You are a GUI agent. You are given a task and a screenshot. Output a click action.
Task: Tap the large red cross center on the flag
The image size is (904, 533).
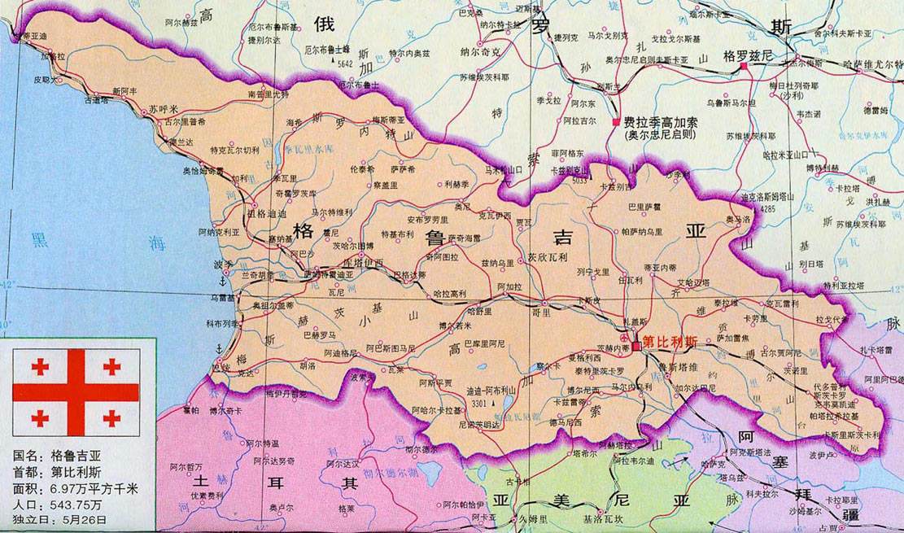[x=76, y=392]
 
